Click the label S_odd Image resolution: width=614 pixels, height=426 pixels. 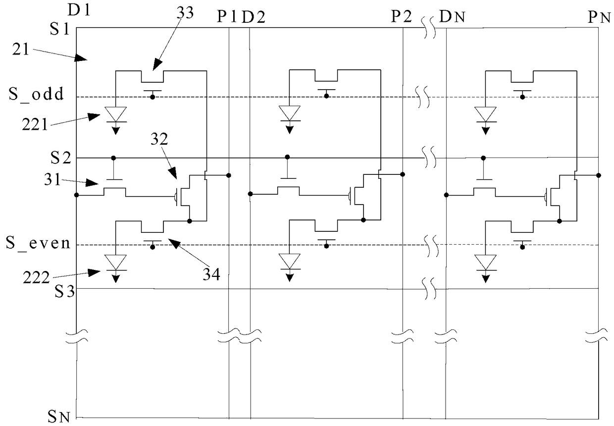pyautogui.click(x=36, y=94)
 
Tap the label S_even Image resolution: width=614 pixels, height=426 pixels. pyautogui.click(x=38, y=243)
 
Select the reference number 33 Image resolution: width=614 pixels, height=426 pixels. pyautogui.click(x=185, y=13)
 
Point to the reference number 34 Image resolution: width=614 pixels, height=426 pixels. pyautogui.click(x=211, y=274)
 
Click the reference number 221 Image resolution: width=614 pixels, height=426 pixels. pyautogui.click(x=35, y=125)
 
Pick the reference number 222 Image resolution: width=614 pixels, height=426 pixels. pyautogui.click(x=36, y=277)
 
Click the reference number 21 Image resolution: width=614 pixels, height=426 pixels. pyautogui.click(x=21, y=50)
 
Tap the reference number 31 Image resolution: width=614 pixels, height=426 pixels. pyautogui.click(x=52, y=180)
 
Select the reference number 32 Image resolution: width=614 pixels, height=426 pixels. pyautogui.click(x=159, y=139)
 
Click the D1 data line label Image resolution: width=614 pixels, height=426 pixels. pyautogui.click(x=79, y=10)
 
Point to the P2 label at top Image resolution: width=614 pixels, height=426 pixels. pyautogui.click(x=401, y=16)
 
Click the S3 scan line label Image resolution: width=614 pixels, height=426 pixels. pyautogui.click(x=64, y=291)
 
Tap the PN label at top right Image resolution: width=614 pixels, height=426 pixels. pyautogui.click(x=600, y=18)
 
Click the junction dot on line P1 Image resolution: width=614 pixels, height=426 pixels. pyautogui.click(x=229, y=175)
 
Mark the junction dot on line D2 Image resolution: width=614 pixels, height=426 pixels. pyautogui.click(x=250, y=194)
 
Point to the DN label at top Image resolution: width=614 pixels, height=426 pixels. pyautogui.click(x=452, y=17)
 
